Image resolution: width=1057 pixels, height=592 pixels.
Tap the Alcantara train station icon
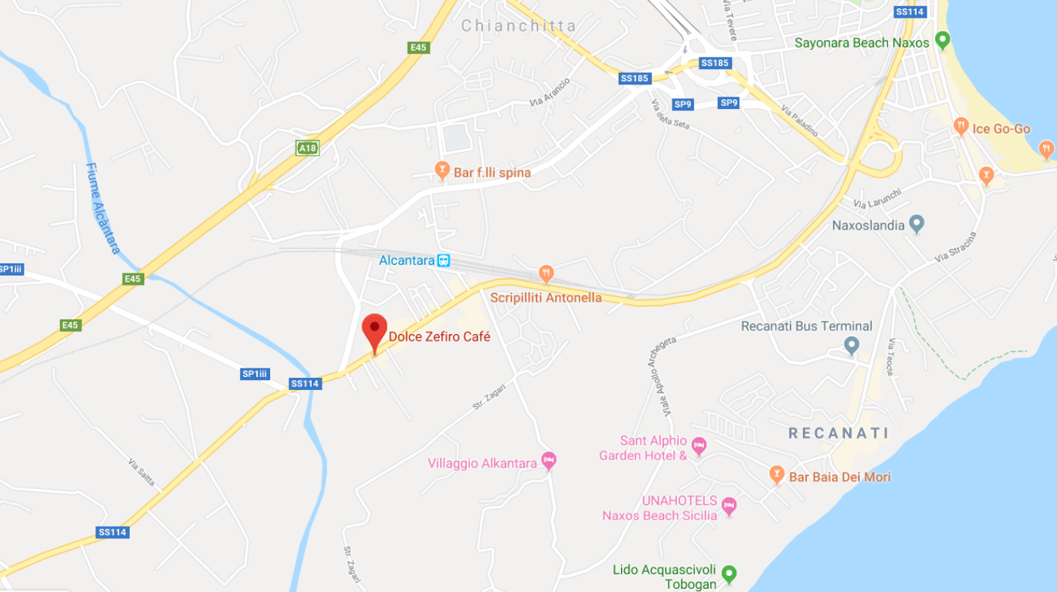tap(444, 261)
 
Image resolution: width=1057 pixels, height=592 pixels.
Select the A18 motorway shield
tap(307, 148)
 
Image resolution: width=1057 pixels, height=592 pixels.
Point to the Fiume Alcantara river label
tap(103, 208)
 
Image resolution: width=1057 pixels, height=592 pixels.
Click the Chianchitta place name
tap(518, 26)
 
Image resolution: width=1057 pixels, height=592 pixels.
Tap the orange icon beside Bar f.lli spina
tap(441, 170)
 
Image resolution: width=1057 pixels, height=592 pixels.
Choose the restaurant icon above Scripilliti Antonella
tap(546, 273)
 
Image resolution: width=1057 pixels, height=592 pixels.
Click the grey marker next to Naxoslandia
tap(916, 223)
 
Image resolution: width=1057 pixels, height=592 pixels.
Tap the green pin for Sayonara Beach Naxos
tap(943, 40)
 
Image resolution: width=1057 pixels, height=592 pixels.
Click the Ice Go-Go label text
tap(1001, 129)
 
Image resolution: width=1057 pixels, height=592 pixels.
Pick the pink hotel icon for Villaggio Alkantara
tap(548, 461)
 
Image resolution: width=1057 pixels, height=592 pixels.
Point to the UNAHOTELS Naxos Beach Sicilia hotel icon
tap(728, 506)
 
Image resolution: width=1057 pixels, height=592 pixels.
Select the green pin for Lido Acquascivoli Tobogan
tap(729, 573)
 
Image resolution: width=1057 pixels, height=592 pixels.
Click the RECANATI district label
tap(838, 433)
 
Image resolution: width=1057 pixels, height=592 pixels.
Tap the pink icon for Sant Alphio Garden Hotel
tap(699, 445)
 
